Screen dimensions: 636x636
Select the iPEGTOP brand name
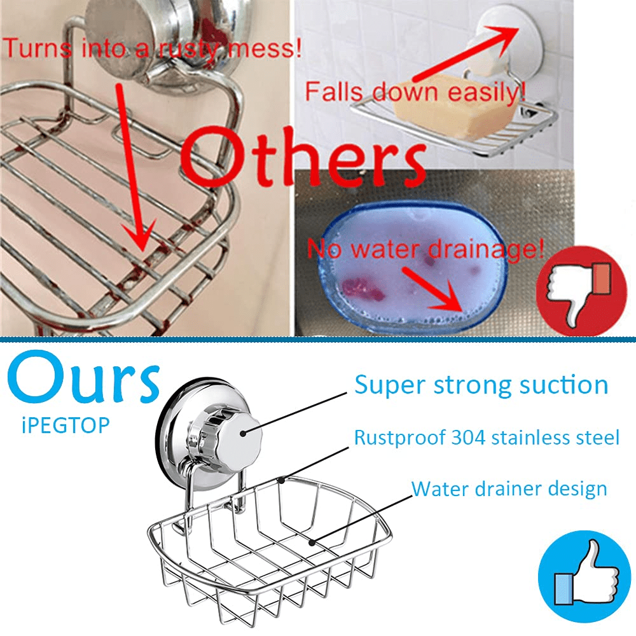coord(66,425)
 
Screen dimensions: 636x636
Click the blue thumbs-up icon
coord(584,576)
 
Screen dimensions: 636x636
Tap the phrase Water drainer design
coord(509,488)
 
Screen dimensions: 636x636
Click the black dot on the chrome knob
coord(243,434)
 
